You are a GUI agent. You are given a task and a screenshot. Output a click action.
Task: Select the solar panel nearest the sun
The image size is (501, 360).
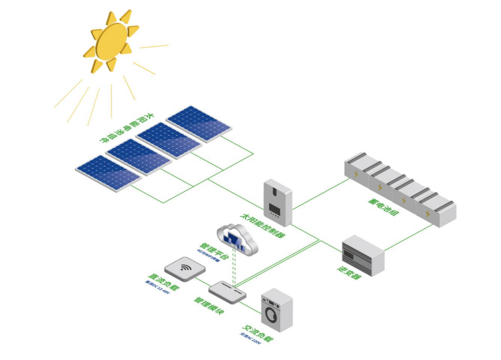tap(199, 123)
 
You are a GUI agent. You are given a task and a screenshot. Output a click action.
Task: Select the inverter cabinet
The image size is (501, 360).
tap(362, 255)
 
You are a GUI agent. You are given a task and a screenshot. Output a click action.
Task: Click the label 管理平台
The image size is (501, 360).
tap(212, 250)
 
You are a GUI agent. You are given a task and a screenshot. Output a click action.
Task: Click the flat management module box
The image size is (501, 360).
tap(226, 291)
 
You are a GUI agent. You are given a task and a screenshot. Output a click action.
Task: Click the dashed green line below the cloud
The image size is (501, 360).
tap(234, 269)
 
